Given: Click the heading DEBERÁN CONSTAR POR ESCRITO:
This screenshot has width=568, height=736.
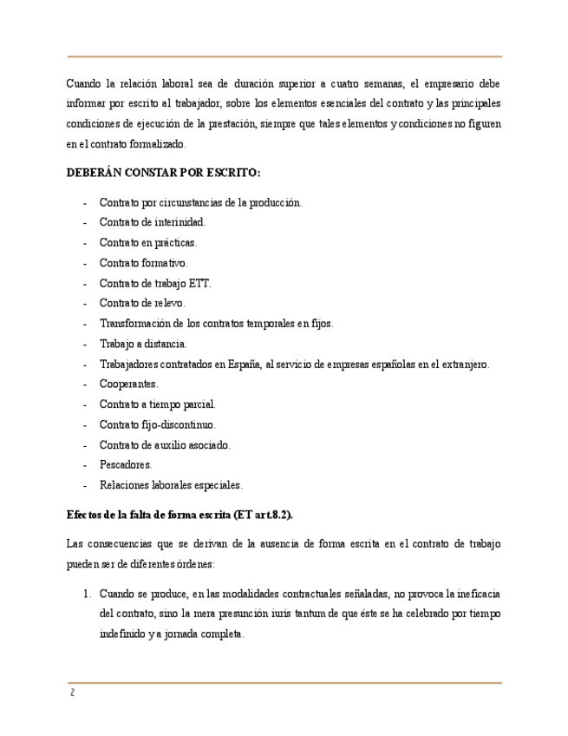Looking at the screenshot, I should coord(163,173).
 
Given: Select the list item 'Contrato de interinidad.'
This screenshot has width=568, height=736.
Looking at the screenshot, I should coord(152,223).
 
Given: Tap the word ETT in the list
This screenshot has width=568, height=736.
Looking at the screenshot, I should coord(199,283).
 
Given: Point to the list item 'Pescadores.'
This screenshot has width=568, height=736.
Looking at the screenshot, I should coord(126,464).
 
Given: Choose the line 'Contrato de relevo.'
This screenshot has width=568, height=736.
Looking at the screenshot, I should coord(142,304).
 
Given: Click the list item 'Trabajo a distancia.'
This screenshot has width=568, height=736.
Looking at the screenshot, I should coord(143,344).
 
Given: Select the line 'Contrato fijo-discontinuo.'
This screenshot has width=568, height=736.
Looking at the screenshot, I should coord(158,424).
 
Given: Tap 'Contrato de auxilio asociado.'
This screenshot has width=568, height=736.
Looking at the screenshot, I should coord(165,444).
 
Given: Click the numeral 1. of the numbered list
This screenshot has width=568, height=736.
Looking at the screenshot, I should coord(87,594).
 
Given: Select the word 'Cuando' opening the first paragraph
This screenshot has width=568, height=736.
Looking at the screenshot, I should coord(83,84).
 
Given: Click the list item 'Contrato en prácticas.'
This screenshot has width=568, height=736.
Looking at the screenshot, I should coord(148,243).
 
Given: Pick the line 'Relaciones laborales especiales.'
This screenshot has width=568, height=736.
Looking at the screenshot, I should coord(171,485).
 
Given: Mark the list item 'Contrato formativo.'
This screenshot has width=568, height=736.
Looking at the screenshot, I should coord(143,263).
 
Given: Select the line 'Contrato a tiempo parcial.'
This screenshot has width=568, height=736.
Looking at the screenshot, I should coord(158,404).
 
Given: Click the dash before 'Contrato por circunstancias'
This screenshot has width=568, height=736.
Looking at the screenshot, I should coord(84,203).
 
